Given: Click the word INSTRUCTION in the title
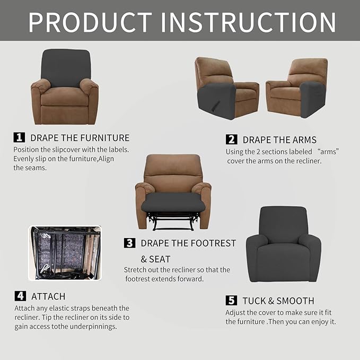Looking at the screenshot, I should point(248,22).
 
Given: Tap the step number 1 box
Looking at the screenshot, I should point(19,137).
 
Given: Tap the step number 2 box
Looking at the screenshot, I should point(231,139).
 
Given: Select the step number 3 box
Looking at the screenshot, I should point(129,243).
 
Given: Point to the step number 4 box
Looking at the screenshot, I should point(20,296).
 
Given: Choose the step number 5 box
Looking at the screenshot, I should point(231,301).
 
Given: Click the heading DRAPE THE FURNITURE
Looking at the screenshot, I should point(80,138).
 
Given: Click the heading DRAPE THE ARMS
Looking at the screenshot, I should point(279,140).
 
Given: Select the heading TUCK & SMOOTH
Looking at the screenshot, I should point(278,301).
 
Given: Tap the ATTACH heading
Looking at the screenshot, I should point(48,296).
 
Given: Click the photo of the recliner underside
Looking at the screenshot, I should point(65,253).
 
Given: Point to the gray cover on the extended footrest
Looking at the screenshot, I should point(172,201).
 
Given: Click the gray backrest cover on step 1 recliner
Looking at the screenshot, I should point(66,66).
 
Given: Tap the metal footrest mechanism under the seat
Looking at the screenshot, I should point(173,220).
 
